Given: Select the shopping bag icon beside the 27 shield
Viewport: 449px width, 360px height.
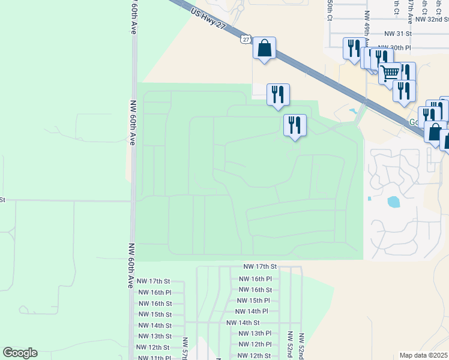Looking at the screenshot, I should tap(264, 48).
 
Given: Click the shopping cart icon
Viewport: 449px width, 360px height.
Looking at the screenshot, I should tap(390, 73).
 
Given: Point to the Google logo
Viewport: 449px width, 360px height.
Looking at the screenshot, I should tap(20, 353).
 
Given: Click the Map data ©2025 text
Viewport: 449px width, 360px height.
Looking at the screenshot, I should tap(424, 355).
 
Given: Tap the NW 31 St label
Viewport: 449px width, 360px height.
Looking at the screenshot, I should tap(398, 34).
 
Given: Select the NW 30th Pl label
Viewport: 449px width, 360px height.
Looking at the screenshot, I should tap(394, 47).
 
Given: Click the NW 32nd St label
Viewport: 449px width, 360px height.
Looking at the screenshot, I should tap(431, 19).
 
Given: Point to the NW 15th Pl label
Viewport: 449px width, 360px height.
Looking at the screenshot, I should tap(253, 301).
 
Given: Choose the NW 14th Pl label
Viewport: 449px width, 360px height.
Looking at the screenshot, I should tap(252, 311).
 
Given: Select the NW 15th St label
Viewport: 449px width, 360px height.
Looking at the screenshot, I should tap(155, 314).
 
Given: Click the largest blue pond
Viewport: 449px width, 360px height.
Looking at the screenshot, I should tap(394, 202).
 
